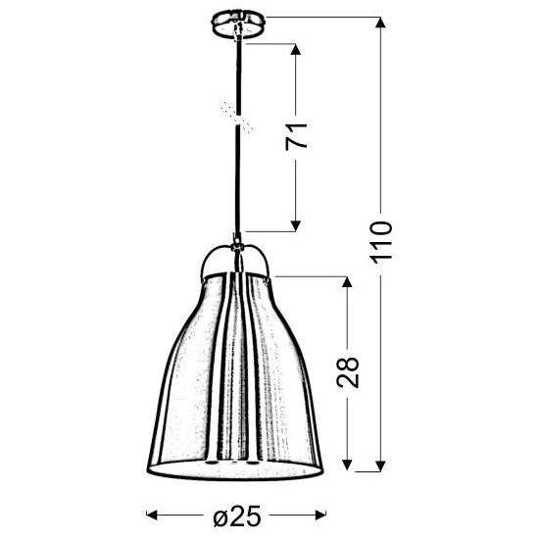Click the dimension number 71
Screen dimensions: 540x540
[x=302, y=135]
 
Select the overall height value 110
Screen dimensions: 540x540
[x=381, y=240]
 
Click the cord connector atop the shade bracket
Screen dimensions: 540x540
[x=236, y=239]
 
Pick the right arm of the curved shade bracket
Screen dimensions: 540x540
[x=266, y=261]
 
